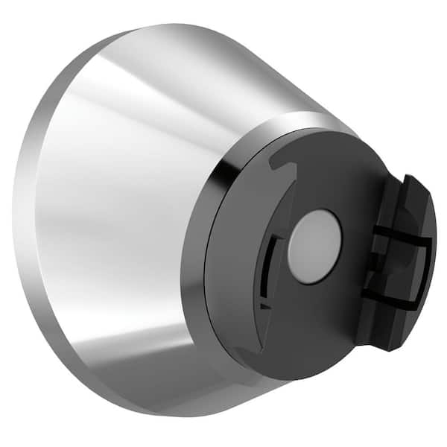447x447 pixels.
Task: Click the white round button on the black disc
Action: [314, 246]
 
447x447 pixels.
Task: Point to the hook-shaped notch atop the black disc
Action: [279, 161]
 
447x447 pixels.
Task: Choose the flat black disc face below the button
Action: [313, 328]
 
